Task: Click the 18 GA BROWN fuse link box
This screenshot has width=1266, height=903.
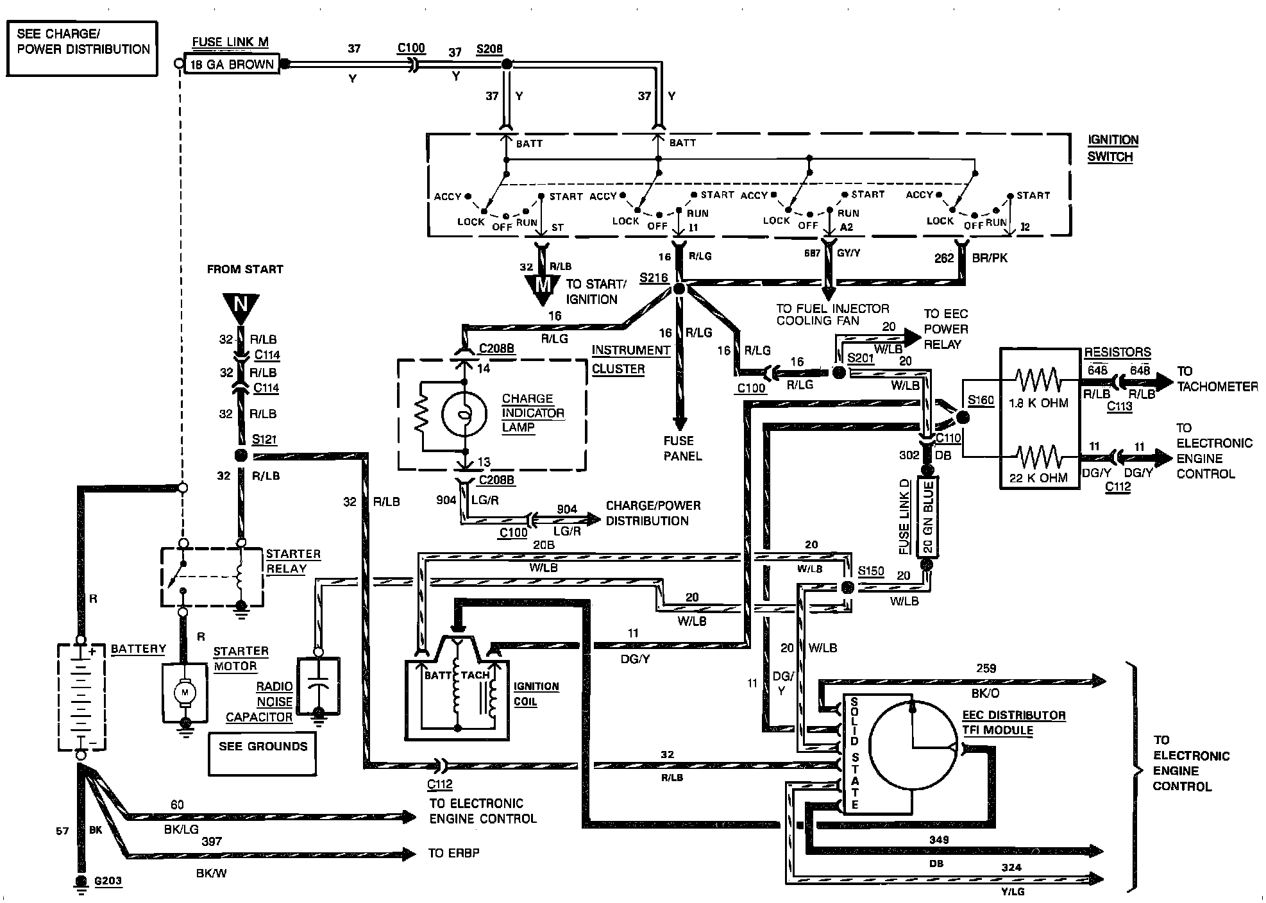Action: [x=232, y=64]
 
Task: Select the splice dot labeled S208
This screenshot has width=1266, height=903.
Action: [x=507, y=64]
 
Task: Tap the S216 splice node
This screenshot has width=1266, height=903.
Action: [x=679, y=289]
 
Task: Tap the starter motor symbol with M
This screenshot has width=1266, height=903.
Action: [x=185, y=692]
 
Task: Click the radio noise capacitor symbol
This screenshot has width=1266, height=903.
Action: [x=318, y=686]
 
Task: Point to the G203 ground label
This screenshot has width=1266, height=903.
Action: [x=107, y=881]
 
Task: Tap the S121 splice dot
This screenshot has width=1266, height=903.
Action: [x=241, y=456]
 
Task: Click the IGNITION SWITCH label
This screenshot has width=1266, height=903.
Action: [x=1112, y=148]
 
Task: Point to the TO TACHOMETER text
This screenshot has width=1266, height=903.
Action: [x=1217, y=379]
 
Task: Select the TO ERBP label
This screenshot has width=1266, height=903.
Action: [x=453, y=853]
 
